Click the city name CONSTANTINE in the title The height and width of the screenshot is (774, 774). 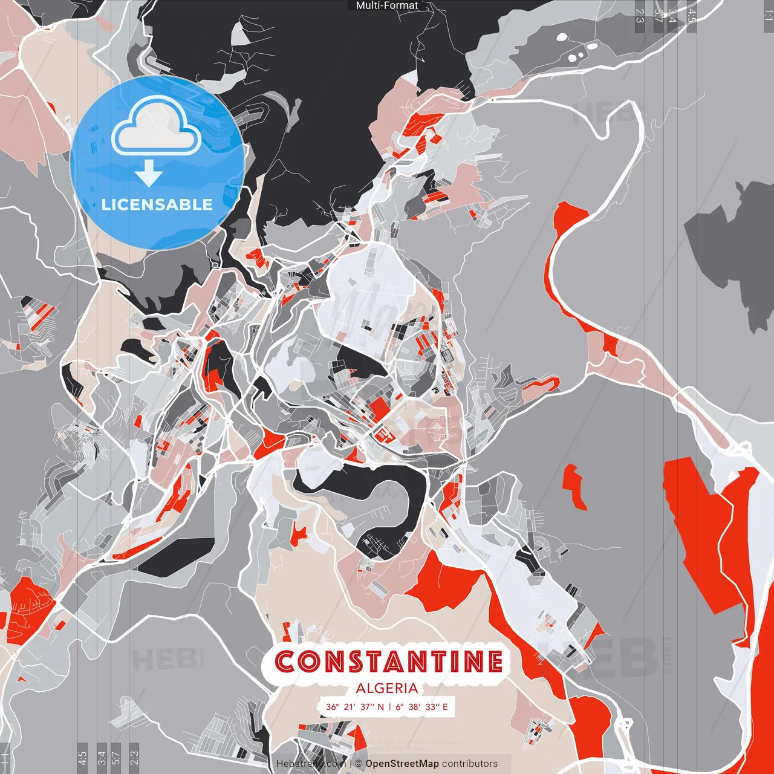point(388,661)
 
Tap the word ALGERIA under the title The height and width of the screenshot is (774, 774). point(387,688)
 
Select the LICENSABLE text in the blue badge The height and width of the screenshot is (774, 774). point(157,204)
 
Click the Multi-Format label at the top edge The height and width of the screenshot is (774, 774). point(387,5)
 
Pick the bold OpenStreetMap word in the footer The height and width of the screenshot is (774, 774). point(402,764)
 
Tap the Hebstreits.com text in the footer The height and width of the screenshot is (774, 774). point(311,764)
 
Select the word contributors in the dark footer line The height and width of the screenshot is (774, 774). point(470,764)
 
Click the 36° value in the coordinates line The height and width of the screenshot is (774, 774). point(333,707)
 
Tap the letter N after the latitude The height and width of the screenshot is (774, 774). point(381,707)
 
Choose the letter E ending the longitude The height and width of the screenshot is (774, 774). point(446,707)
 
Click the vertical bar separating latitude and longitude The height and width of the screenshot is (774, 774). point(390,707)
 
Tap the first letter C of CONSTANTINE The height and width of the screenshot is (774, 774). point(285,661)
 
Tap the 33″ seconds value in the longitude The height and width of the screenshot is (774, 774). point(432,707)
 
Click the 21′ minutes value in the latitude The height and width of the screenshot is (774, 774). point(349,707)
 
